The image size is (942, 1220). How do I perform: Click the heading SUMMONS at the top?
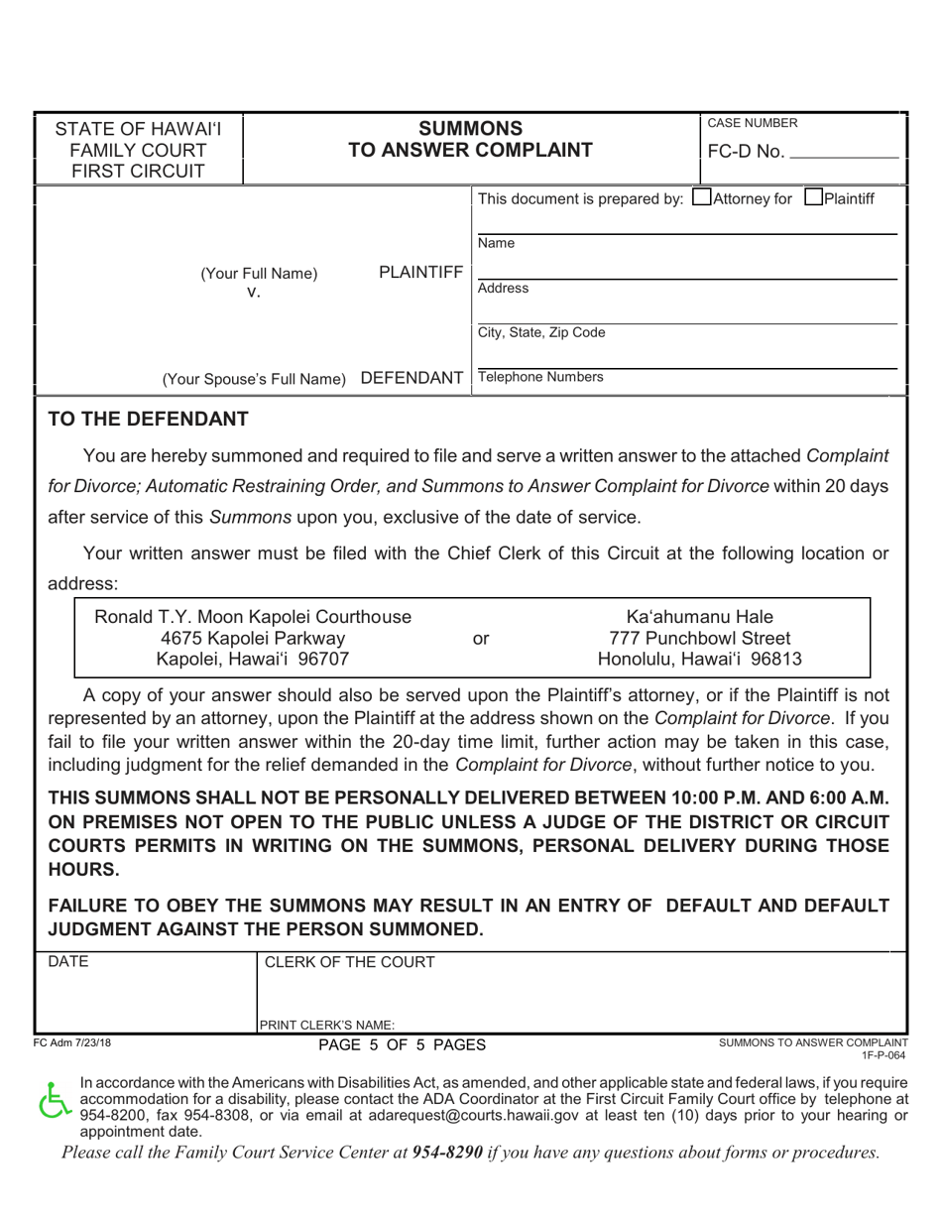pos(470,128)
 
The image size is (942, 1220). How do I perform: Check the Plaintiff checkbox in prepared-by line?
pos(813,198)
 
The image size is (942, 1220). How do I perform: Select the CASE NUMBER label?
pos(751,123)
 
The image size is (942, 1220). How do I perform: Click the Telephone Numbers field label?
pos(539,377)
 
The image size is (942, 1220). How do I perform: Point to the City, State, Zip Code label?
pos(540,332)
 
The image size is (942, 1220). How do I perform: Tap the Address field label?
pos(503,288)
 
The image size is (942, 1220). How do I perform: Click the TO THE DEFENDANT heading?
pos(149,420)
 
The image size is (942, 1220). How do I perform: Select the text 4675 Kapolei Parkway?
pos(253,638)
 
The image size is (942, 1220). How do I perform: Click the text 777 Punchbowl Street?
pos(700,638)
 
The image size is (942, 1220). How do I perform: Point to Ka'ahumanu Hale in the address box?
pos(700,617)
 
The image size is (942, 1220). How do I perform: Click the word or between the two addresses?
pos(480,639)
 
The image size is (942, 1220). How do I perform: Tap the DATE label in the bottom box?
pos(68,961)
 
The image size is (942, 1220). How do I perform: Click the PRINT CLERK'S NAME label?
pos(327,1026)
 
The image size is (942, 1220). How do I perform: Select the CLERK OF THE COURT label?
pos(348,962)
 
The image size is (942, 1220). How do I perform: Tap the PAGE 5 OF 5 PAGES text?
pos(402,1044)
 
